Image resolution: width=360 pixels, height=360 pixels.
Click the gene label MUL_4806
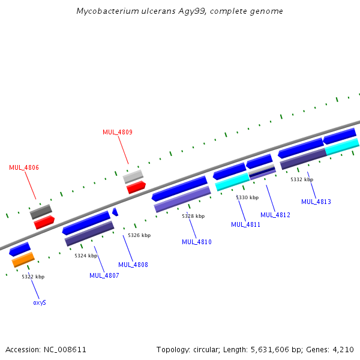tap(24, 167)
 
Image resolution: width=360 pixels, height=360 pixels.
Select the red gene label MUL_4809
tap(118, 132)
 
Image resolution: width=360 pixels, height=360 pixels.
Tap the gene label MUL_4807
tap(104, 275)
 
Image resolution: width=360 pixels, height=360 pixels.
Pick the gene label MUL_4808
tap(133, 265)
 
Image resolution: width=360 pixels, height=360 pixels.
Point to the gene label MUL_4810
tap(197, 242)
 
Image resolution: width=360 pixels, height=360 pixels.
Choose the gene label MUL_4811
tap(246, 224)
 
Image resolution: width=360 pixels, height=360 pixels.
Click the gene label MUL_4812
tap(275, 214)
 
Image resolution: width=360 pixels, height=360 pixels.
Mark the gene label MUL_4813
tap(316, 202)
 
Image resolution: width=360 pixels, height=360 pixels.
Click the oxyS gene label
tap(40, 302)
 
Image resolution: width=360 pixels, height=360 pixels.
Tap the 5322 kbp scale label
tap(33, 277)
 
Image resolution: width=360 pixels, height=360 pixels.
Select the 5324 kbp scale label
tap(86, 256)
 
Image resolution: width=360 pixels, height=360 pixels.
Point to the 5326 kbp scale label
tap(139, 235)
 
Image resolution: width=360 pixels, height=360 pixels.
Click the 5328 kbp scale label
tap(193, 216)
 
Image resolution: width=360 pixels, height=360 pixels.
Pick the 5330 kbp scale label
tap(247, 197)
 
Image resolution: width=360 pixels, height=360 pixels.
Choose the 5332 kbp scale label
tap(302, 179)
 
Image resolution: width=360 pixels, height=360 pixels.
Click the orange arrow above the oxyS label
tap(23, 259)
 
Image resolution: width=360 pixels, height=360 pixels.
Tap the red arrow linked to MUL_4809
tap(136, 187)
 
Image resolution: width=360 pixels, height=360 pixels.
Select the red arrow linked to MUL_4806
tap(44, 222)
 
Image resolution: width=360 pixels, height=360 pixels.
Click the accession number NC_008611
tap(64, 349)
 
